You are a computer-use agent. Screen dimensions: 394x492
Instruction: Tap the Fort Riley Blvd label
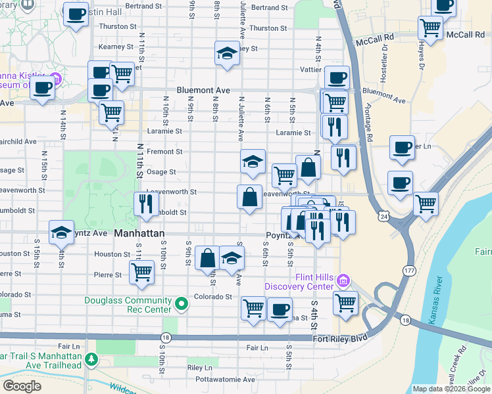click(339, 338)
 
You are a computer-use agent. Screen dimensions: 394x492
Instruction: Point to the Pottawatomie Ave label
click(221, 380)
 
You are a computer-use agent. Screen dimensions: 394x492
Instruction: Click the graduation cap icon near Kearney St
click(227, 53)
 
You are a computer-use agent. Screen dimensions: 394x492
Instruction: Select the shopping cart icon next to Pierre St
click(142, 272)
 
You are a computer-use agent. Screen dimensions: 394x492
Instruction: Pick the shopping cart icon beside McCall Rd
click(430, 28)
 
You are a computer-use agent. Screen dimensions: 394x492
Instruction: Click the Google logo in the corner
click(22, 386)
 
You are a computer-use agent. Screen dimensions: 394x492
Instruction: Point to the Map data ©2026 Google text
click(451, 389)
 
